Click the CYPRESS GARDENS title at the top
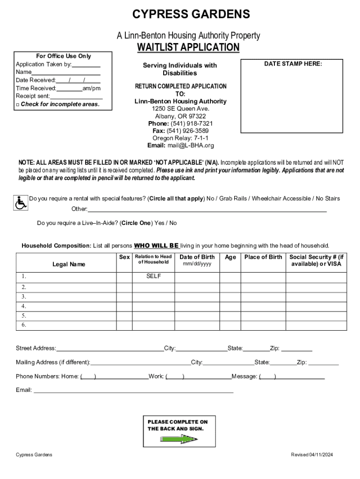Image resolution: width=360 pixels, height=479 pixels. pyautogui.click(x=191, y=15)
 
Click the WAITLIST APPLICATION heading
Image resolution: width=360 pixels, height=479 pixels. pyautogui.click(x=188, y=48)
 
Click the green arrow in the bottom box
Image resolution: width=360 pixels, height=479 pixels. pyautogui.click(x=179, y=439)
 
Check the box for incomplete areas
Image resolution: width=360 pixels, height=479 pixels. pyautogui.click(x=17, y=105)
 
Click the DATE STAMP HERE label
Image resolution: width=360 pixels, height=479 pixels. pyautogui.click(x=293, y=64)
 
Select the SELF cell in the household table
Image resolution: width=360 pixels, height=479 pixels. pyautogui.click(x=153, y=276)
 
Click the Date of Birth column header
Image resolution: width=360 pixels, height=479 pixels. pyautogui.click(x=197, y=257)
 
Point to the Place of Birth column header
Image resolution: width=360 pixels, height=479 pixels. pyautogui.click(x=263, y=257)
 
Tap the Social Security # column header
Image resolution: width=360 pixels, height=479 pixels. pyautogui.click(x=316, y=260)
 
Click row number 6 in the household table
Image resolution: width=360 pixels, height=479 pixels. pyautogui.click(x=24, y=325)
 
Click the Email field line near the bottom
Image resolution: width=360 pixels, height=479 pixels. pyautogui.click(x=133, y=390)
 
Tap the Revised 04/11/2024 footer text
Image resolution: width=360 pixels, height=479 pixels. pyautogui.click(x=311, y=455)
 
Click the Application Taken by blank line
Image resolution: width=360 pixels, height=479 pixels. pyautogui.click(x=86, y=65)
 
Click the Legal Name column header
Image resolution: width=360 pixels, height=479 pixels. pyautogui.click(x=69, y=264)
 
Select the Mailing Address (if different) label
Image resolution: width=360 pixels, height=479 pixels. pyautogui.click(x=53, y=363)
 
